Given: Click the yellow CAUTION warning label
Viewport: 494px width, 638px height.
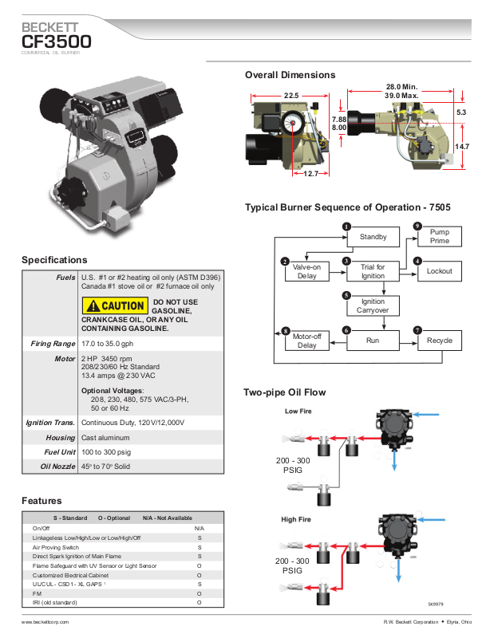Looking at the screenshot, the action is [115, 305].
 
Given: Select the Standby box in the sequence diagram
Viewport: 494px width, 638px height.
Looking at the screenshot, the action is [373, 237].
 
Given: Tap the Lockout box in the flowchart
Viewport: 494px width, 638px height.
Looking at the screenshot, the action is [440, 271].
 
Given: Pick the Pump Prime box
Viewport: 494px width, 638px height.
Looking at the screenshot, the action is [440, 236].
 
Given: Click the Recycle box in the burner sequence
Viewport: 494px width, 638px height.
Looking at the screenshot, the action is [440, 341].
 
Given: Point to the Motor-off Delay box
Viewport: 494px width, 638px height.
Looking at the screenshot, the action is [307, 341].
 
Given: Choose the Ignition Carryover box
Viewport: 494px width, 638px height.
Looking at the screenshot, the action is [373, 305].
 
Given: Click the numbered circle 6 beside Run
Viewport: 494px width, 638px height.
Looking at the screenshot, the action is [346, 330].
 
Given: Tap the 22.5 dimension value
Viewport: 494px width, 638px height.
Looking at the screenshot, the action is [291, 96].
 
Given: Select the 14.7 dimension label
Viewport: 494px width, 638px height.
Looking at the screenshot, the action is [462, 147].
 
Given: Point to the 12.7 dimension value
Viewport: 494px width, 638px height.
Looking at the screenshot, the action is [310, 174].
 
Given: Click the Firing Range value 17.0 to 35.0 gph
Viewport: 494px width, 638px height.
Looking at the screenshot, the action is [108, 344].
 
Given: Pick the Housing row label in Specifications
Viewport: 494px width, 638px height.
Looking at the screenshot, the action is [61, 438].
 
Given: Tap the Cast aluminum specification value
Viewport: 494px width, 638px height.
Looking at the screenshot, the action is [105, 438].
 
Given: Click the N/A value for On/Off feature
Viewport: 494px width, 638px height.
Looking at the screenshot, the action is [200, 529].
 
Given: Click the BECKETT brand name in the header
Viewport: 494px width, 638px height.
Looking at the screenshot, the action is [49, 27].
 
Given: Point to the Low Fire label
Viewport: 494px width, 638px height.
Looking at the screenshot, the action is [298, 412].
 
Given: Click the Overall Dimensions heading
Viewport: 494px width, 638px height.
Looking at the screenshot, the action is [290, 75].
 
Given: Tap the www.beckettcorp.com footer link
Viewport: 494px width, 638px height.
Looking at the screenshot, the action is [45, 622].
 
